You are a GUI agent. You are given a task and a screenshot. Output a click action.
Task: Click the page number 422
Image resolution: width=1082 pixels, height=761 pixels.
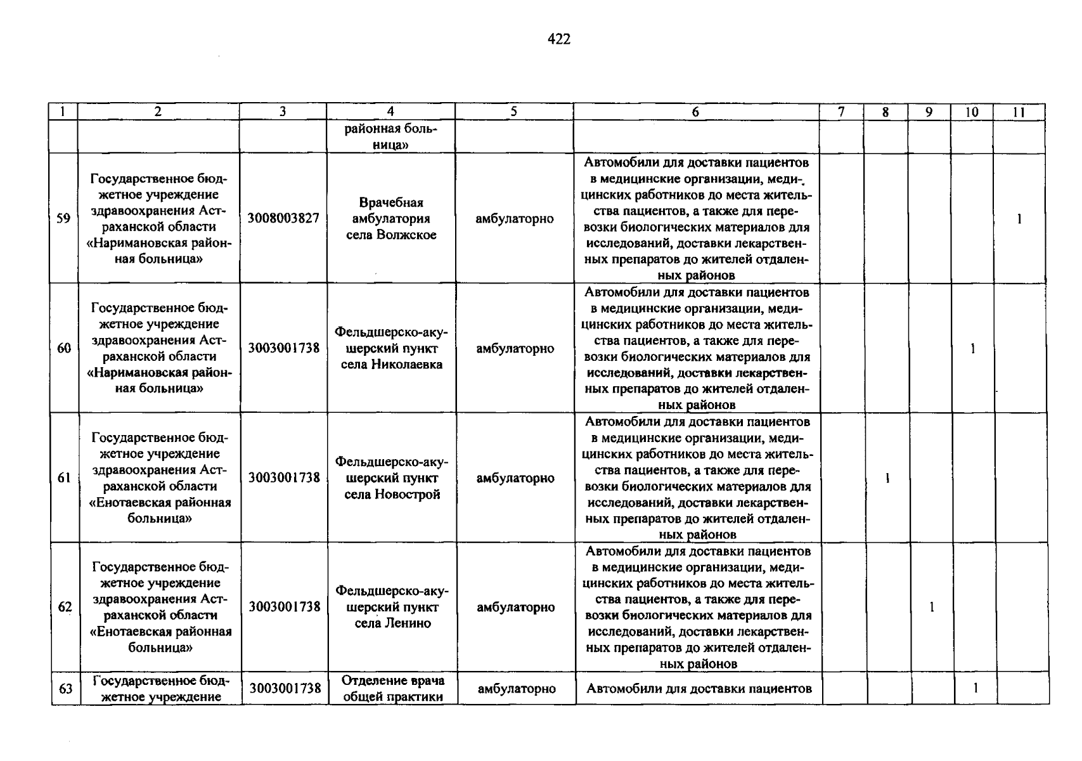[x=558, y=40]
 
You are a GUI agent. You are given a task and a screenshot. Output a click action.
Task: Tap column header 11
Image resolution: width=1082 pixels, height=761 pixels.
[x=1019, y=112]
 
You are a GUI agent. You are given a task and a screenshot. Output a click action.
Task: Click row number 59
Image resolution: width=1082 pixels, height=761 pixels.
[x=63, y=219]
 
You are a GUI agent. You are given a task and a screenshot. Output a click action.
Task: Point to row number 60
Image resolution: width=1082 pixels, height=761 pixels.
[x=64, y=348]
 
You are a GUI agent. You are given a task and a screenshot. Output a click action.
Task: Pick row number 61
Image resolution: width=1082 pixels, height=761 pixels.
[x=64, y=478]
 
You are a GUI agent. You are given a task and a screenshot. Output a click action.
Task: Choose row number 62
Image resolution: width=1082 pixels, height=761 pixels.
[x=65, y=607]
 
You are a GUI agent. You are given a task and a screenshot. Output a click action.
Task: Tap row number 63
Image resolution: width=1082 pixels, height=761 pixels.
[x=65, y=689]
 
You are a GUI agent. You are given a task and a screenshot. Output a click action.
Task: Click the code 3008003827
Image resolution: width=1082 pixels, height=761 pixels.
[x=283, y=219]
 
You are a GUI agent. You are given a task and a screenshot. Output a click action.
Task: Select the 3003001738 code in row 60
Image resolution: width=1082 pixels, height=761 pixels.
[x=284, y=348]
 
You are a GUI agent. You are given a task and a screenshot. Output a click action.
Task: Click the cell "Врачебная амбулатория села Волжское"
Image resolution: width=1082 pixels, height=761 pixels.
[x=391, y=219]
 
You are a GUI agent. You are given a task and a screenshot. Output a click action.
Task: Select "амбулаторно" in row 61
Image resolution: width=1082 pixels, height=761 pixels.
[x=515, y=478]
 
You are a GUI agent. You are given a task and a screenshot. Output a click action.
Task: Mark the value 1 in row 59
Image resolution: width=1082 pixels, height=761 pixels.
[x=1019, y=219]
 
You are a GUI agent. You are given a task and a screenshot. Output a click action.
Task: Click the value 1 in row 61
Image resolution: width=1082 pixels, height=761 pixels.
[x=888, y=478]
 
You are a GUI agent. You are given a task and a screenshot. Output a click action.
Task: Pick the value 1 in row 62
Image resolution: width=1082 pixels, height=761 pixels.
[x=932, y=608]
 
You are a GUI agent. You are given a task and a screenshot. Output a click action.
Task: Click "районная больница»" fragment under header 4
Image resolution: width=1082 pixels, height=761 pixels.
[x=391, y=137]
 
